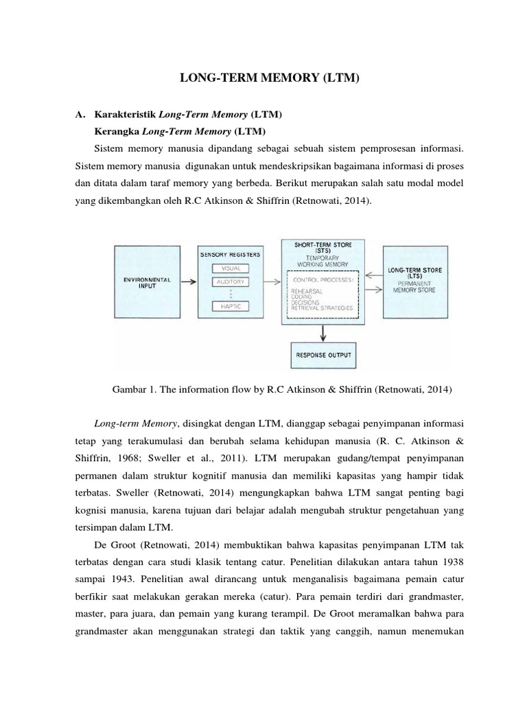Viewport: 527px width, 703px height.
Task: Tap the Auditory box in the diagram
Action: coord(230,281)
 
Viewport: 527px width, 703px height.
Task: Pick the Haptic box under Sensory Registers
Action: coord(230,306)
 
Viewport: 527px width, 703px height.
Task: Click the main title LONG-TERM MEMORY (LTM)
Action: coord(269,80)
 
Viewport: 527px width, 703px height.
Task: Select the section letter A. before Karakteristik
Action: coord(80,114)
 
